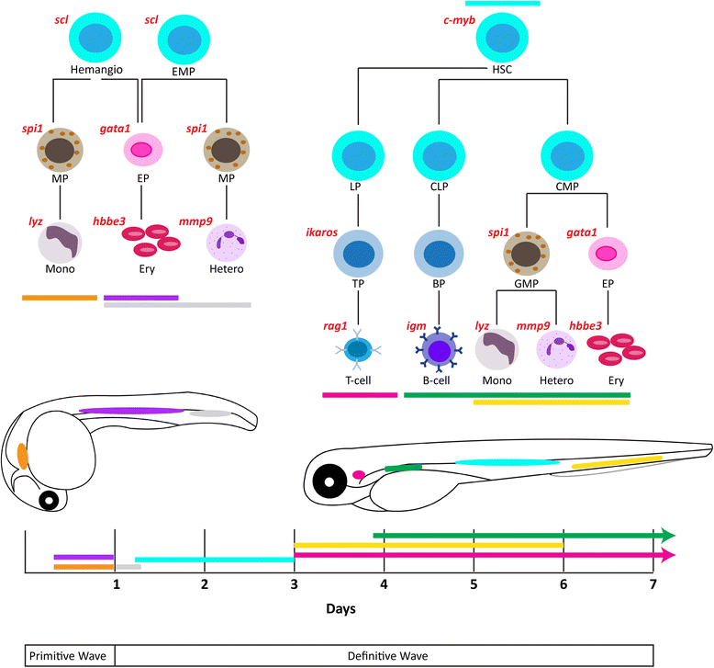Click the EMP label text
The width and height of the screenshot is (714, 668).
(180, 70)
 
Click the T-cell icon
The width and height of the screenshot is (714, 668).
(354, 351)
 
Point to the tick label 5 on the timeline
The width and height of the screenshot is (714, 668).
(474, 583)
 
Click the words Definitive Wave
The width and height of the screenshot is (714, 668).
(384, 655)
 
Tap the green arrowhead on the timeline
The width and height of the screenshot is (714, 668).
(668, 535)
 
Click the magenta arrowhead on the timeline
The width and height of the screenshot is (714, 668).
(668, 554)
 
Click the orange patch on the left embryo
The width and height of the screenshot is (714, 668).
(23, 456)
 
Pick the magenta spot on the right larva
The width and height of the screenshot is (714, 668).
(359, 475)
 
